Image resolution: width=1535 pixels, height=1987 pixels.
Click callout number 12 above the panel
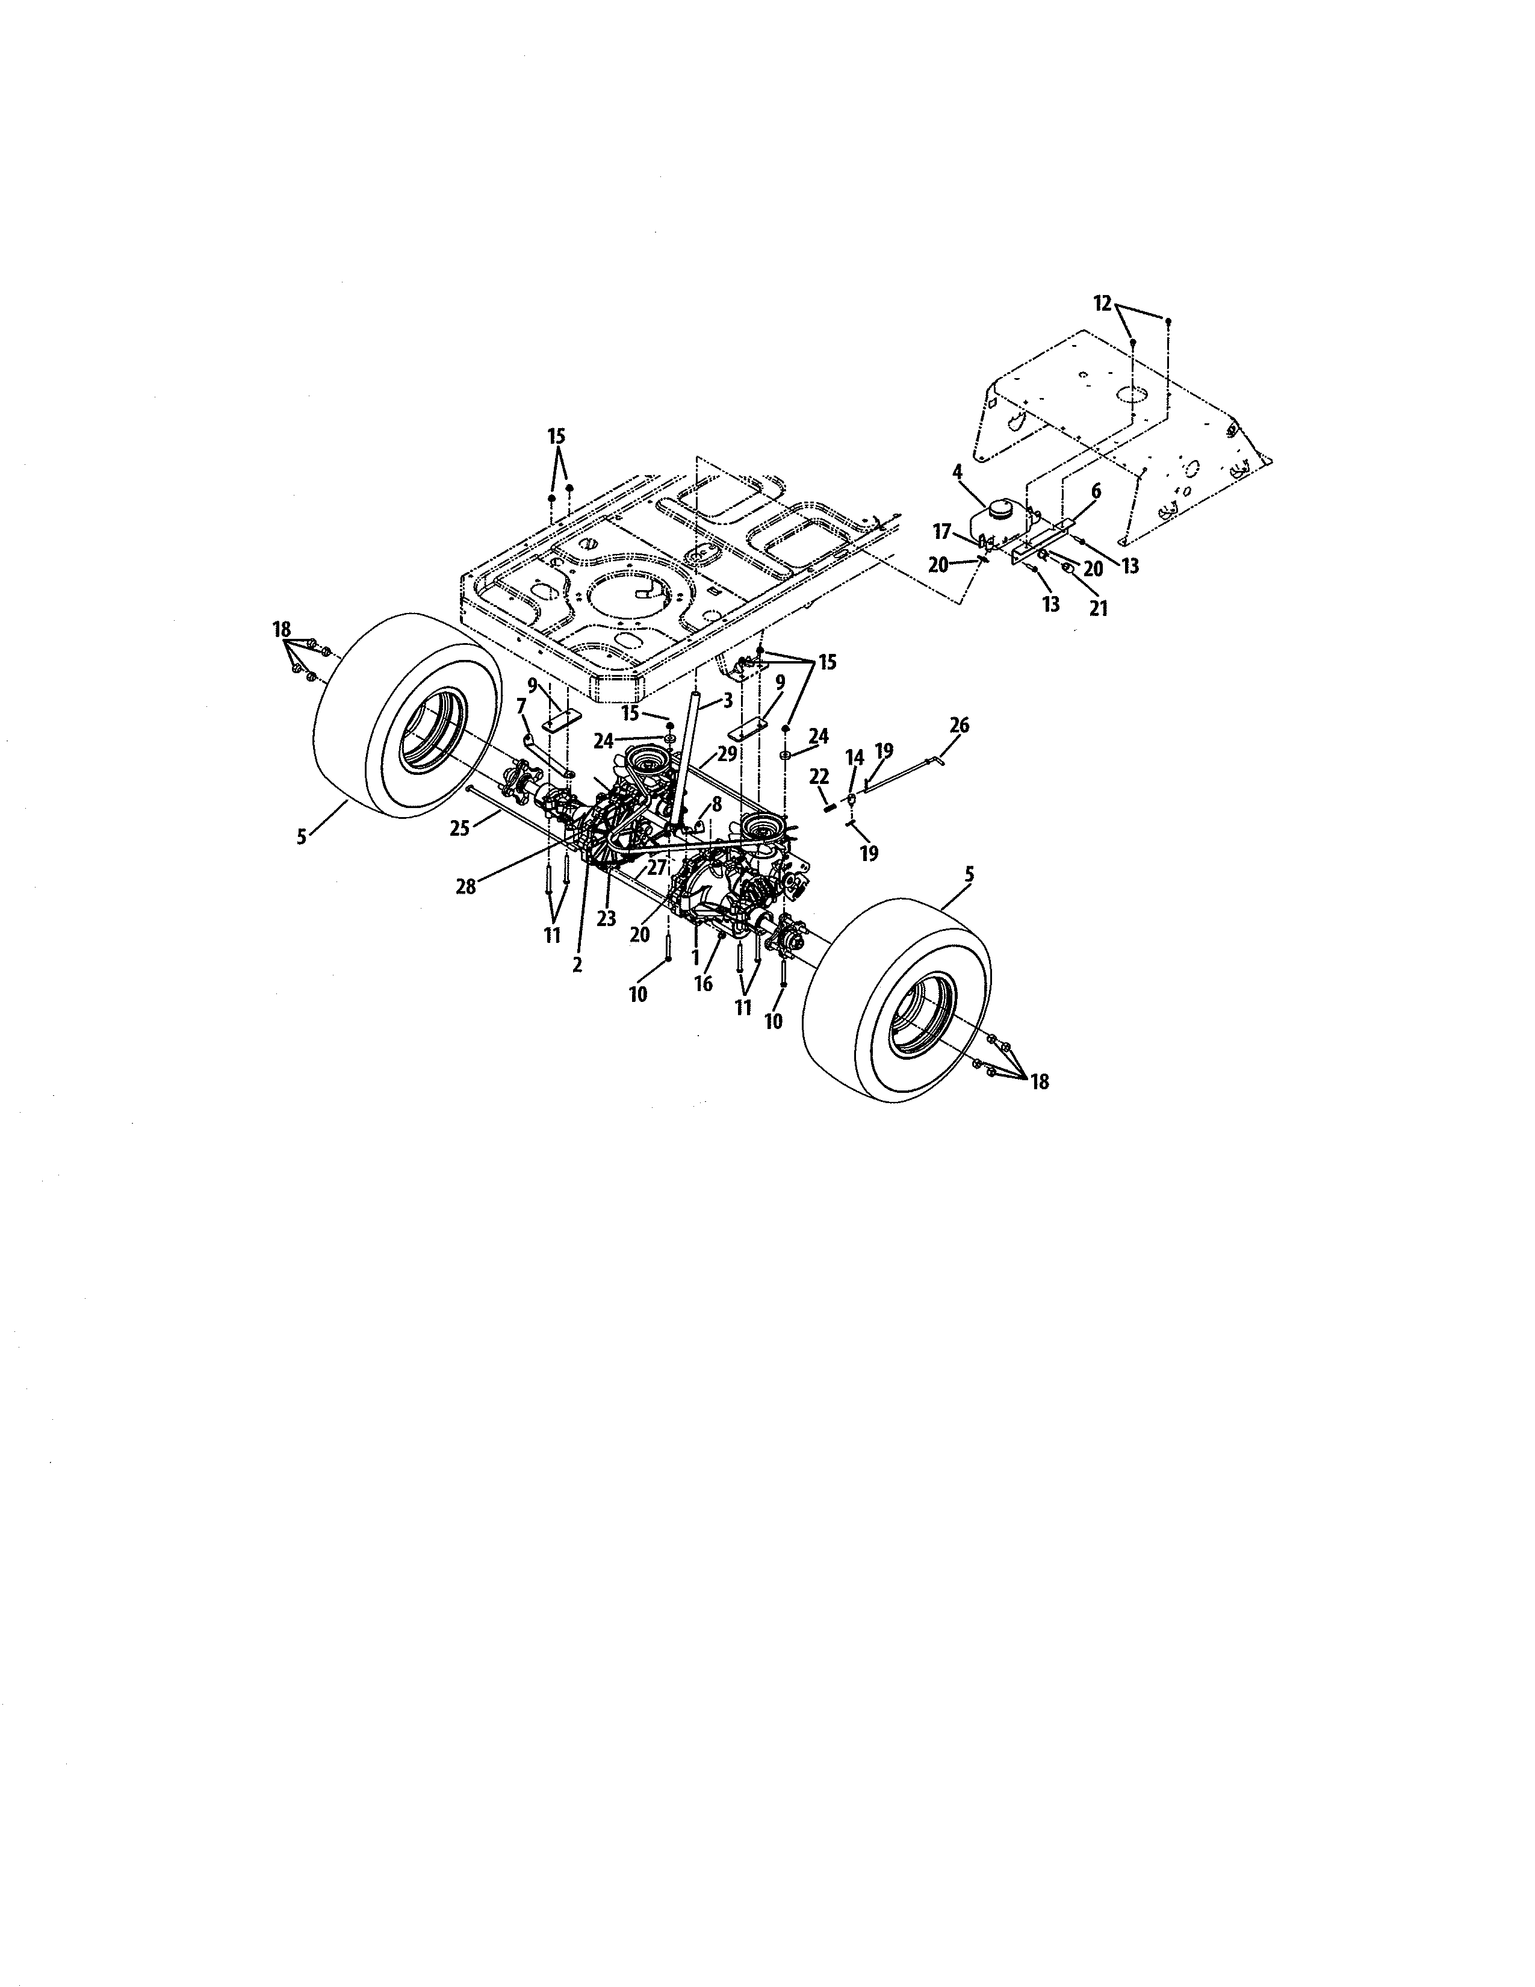point(1102,304)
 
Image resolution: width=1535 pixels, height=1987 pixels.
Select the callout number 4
point(957,471)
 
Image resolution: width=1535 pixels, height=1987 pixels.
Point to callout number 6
point(1096,491)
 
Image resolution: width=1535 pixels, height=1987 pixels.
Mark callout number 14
point(854,757)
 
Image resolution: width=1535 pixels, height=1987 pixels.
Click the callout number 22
point(819,776)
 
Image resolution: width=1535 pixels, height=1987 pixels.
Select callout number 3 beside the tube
point(728,700)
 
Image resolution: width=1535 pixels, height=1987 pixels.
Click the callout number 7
point(521,706)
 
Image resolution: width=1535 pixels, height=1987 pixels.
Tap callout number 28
point(465,885)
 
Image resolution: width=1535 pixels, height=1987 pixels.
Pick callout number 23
point(607,919)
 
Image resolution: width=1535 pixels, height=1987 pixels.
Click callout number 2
point(577,965)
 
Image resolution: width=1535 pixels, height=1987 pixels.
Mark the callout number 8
point(716,804)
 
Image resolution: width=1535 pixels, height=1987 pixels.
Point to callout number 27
point(657,867)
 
